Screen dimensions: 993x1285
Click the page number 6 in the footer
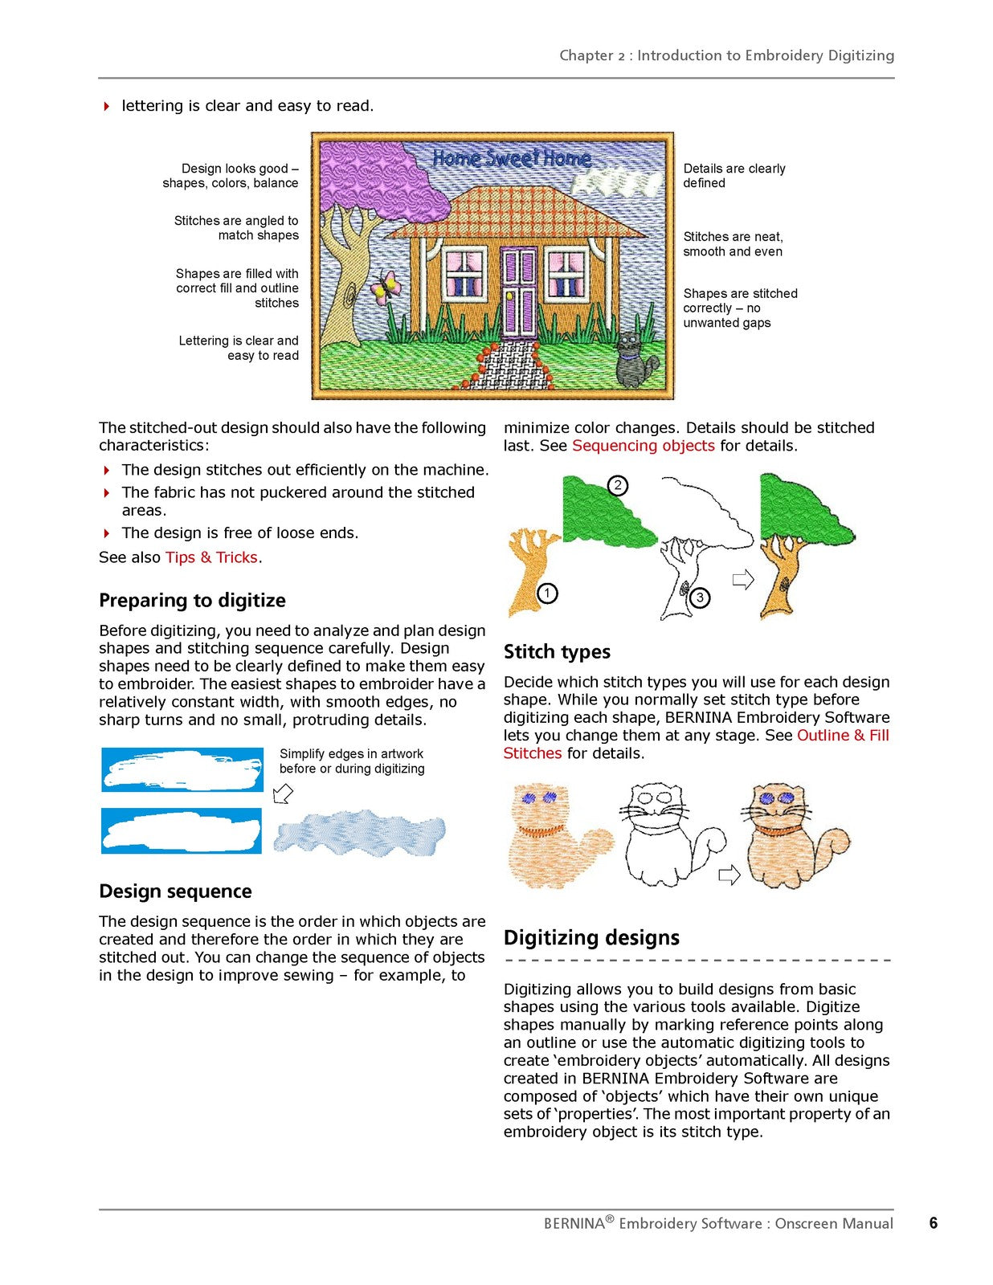[934, 1222]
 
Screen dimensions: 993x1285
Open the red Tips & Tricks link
[211, 557]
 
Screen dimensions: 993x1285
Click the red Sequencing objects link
[643, 445]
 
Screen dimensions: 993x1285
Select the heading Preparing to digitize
[192, 600]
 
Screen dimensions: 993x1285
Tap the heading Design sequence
[175, 891]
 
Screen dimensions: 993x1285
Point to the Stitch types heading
[557, 651]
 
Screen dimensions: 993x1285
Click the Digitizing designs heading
[591, 937]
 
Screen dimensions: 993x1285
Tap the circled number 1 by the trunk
[547, 593]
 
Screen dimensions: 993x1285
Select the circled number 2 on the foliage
[618, 486]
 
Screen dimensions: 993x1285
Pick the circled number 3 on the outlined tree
[700, 598]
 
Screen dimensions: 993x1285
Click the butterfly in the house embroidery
[385, 288]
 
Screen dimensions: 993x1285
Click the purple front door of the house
[519, 292]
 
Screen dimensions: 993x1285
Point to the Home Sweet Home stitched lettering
[512, 158]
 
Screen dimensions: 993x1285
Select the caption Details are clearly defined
[734, 176]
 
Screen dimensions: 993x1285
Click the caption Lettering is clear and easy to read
[239, 348]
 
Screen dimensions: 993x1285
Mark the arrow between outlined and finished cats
[729, 874]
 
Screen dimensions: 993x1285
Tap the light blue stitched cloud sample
[359, 833]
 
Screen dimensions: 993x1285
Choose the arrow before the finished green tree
[743, 580]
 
